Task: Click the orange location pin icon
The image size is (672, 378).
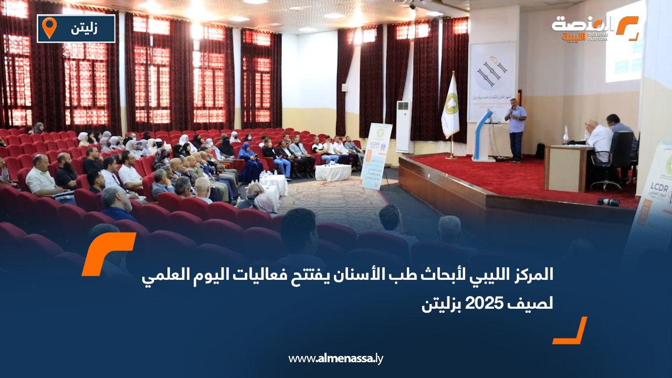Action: pos(49,28)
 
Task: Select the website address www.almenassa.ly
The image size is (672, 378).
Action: pos(335,359)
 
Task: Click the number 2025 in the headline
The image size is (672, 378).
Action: pos(489,303)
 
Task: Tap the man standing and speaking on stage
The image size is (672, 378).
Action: pos(516,129)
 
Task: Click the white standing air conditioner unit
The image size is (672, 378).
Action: pos(403,126)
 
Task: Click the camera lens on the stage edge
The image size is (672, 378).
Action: pos(608,202)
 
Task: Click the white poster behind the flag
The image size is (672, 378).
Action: pos(491,79)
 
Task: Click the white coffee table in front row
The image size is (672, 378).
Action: pos(333,172)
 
